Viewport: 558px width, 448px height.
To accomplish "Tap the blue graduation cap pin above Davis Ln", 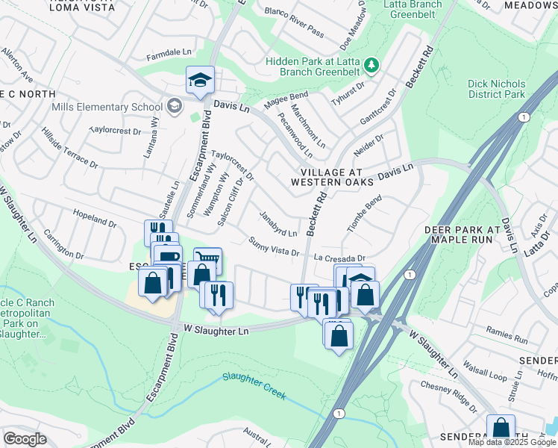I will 199,81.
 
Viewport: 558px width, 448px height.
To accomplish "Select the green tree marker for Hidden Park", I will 372,66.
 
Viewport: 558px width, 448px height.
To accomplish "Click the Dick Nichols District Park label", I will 497,90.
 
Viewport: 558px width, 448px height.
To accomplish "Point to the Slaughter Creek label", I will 253,387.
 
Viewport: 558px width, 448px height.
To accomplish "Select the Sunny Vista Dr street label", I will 274,247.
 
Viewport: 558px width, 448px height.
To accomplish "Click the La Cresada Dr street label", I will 339,258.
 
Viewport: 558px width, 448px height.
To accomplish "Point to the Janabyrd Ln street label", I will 278,223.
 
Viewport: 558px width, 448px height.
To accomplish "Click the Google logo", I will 25,439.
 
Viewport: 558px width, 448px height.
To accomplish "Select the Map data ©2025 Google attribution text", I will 511,442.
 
